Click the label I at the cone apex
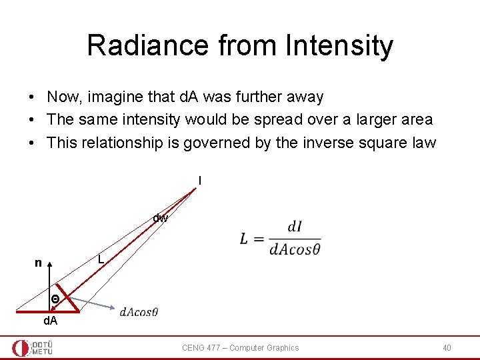click(x=199, y=180)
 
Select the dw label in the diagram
click(x=160, y=218)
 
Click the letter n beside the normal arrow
click(x=39, y=263)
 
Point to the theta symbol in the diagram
click(x=56, y=300)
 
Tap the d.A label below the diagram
click(x=51, y=321)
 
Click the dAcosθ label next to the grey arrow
click(x=139, y=312)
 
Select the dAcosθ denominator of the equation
click(x=295, y=249)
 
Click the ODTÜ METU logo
click(x=33, y=347)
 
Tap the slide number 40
click(x=447, y=347)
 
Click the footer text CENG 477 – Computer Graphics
click(x=241, y=347)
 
